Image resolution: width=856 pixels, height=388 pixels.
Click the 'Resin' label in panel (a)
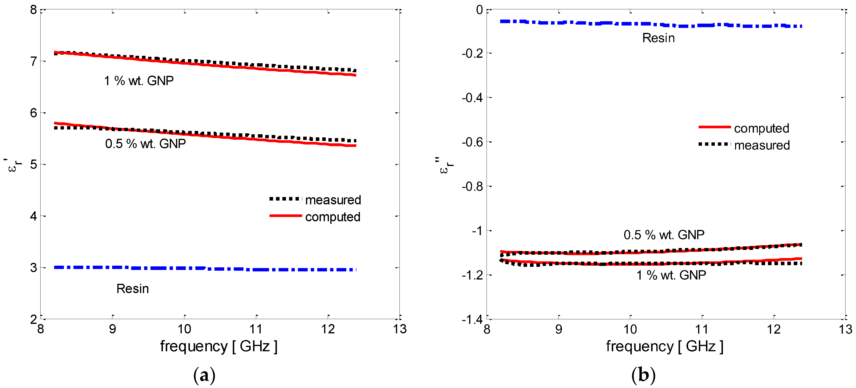point(133,289)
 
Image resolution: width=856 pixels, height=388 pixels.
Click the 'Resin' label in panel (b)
point(658,38)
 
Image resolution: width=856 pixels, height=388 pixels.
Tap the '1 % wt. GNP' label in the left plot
point(139,81)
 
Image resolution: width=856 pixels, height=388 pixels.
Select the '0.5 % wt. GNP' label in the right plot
point(664,235)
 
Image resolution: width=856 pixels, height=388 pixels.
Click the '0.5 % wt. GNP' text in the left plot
point(145,144)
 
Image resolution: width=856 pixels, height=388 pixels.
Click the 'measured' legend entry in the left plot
point(333,200)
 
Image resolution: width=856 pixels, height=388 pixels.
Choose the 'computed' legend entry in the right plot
point(761,128)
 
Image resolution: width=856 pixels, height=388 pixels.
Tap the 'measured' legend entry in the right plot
point(762,145)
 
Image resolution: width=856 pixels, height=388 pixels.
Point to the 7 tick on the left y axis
point(34,62)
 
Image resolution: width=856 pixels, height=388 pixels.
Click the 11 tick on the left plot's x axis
point(256,329)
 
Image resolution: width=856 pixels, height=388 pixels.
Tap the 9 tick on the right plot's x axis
point(559,329)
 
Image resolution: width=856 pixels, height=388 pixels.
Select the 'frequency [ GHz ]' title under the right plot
point(664,347)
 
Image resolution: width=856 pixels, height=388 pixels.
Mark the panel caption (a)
point(204,375)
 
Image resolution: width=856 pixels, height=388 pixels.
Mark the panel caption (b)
point(643,375)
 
